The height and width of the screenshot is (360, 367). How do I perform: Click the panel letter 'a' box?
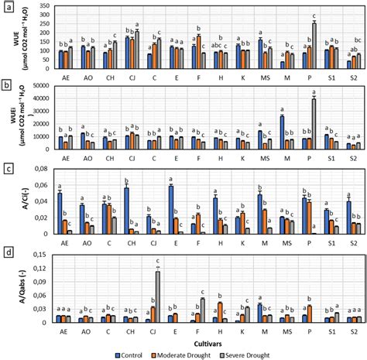pyautogui.click(x=7, y=7)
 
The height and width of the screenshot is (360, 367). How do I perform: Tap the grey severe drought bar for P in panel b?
pyautogui.click(x=314, y=124)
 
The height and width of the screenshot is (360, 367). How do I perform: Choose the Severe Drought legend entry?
pyautogui.click(x=268, y=354)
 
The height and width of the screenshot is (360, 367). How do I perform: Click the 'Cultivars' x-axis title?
pyautogui.click(x=204, y=341)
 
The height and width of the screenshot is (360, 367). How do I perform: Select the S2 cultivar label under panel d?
pyautogui.click(x=352, y=330)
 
